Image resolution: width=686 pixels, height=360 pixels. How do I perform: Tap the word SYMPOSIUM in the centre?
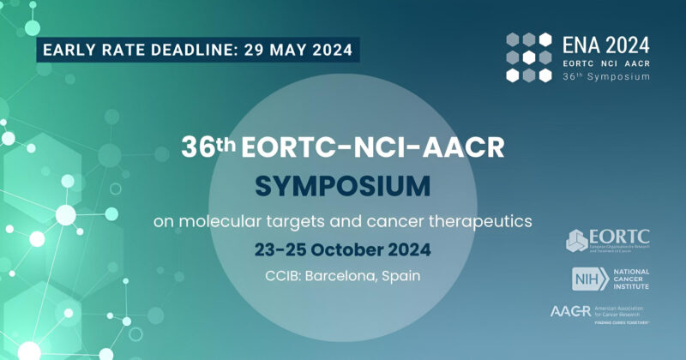click(343, 185)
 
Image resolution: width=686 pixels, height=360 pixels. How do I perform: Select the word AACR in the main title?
click(460, 147)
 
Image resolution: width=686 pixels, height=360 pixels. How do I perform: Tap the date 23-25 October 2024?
click(343, 250)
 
